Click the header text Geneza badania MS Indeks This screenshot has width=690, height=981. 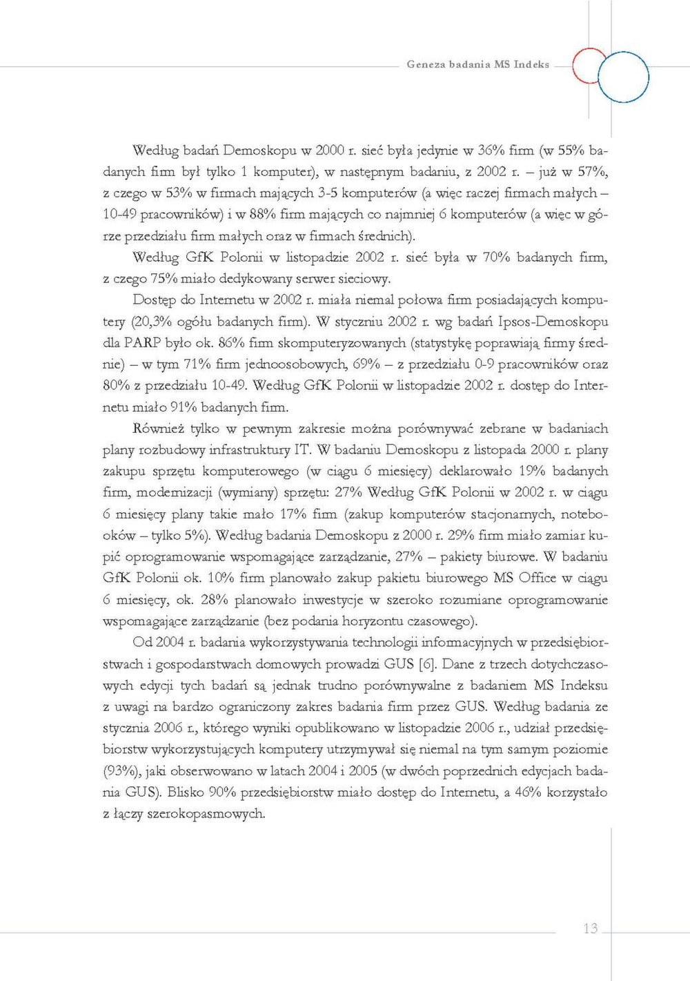click(x=477, y=64)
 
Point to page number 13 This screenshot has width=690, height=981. click(x=590, y=929)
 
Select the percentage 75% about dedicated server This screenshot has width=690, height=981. click(x=166, y=279)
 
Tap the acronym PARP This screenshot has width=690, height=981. click(x=142, y=343)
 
